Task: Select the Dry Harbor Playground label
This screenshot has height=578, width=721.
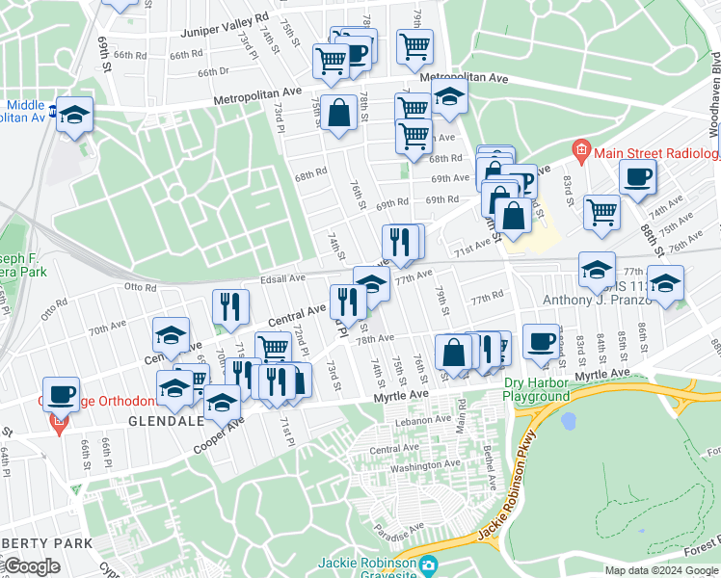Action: pyautogui.click(x=537, y=389)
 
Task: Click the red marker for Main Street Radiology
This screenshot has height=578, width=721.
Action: pyautogui.click(x=580, y=150)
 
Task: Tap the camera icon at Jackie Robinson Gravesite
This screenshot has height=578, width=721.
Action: pyautogui.click(x=429, y=564)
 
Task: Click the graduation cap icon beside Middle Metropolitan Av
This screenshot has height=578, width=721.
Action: pyautogui.click(x=74, y=115)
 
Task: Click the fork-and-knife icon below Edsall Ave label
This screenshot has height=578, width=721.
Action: pyautogui.click(x=228, y=306)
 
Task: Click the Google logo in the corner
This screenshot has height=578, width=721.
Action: pyautogui.click(x=31, y=565)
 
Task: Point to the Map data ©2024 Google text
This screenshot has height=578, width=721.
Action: pyautogui.click(x=662, y=569)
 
